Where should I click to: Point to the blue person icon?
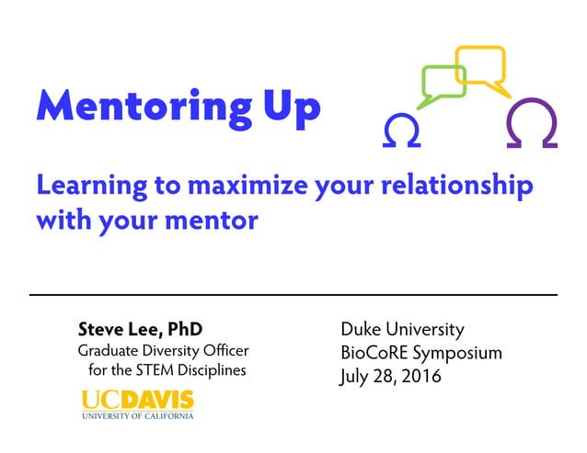[x=401, y=131]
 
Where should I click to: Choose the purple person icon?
[x=532, y=125]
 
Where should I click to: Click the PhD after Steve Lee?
[x=184, y=329]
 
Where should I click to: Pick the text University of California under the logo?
[x=138, y=416]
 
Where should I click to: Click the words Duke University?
[x=402, y=329]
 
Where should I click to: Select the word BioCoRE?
[x=374, y=353]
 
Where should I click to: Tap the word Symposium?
[x=457, y=353]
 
